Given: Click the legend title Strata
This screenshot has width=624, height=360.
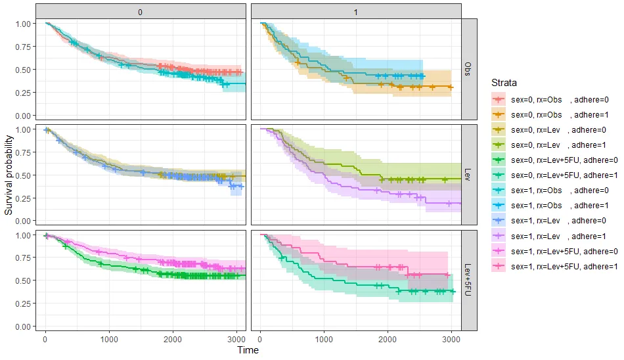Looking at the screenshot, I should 504,83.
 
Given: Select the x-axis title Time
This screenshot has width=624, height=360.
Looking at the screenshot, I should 248,350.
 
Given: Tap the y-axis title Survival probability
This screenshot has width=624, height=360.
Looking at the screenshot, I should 9,175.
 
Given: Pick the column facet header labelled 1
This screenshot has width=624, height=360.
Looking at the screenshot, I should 355,11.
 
